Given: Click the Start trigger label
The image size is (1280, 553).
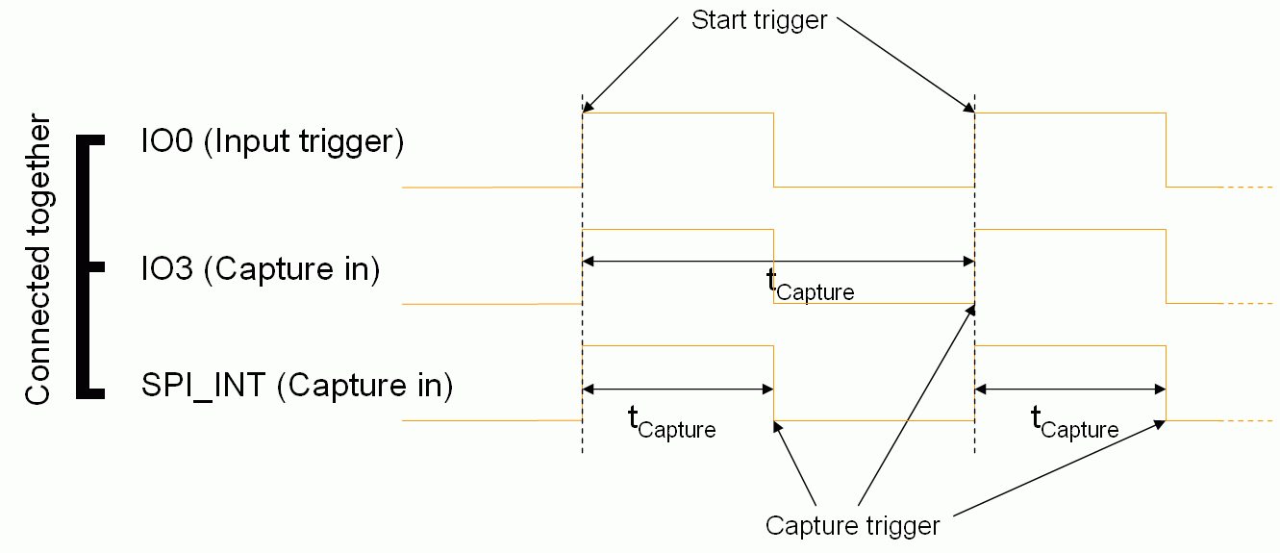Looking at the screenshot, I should (759, 20).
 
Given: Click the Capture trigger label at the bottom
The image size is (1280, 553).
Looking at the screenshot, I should (852, 526).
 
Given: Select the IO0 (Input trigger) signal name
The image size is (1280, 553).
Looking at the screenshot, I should (271, 141).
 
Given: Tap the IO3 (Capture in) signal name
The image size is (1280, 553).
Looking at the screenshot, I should (260, 269).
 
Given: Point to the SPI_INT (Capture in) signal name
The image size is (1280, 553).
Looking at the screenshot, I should (297, 387).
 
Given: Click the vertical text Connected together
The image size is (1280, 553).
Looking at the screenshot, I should (38, 261).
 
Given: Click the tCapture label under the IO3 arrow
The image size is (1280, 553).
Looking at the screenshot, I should (810, 285).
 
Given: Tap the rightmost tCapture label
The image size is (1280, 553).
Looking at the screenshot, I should (1074, 421).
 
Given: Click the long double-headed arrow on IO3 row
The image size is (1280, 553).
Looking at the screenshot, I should (779, 261).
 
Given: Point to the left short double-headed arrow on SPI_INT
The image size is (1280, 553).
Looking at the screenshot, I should (678, 389).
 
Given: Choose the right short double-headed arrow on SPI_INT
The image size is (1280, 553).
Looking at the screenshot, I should (1070, 389).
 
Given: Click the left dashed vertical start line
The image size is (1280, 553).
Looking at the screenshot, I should (583, 289).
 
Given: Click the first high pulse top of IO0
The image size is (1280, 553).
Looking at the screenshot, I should (678, 113).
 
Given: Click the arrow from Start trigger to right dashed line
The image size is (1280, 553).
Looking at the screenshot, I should (904, 62).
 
